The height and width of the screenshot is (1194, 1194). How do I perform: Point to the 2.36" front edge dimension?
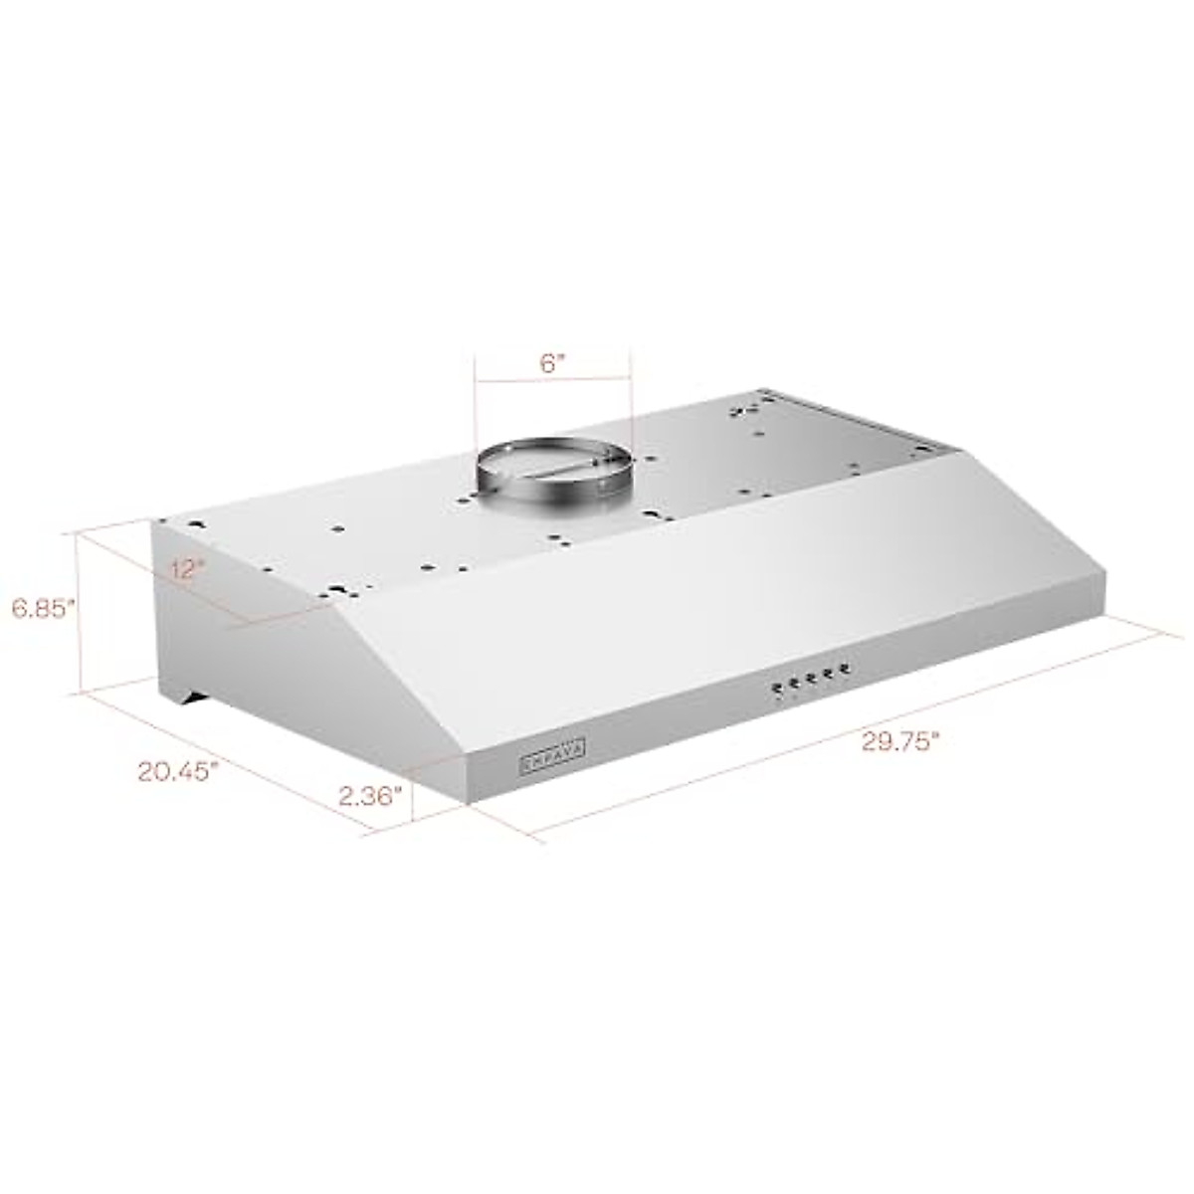(370, 795)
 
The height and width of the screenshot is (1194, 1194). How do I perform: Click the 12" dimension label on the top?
(187, 570)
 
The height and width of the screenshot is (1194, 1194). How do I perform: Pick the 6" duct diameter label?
(552, 362)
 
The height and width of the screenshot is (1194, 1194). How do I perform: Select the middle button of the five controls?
(811, 679)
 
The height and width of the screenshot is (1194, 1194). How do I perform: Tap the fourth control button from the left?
(828, 674)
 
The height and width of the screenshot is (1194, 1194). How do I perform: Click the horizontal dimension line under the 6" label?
(552, 378)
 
